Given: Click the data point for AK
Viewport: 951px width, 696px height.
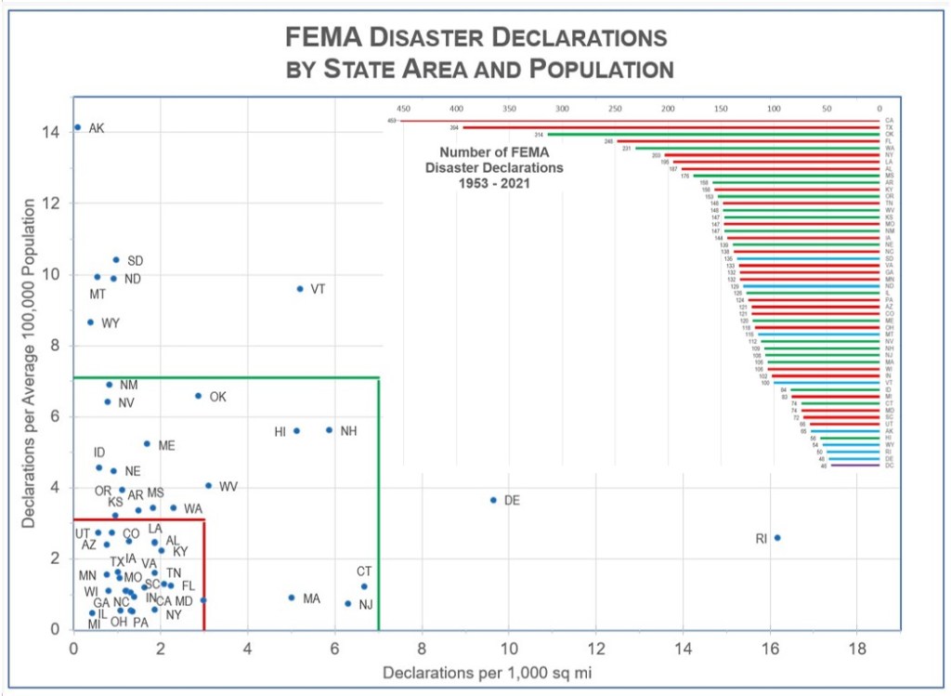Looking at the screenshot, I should coord(77,127).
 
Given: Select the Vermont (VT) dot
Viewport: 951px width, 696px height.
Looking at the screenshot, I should coord(299,289).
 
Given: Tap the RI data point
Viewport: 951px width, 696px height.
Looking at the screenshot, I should coord(777,537).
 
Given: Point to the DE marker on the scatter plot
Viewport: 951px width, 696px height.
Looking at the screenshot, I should coord(493,500).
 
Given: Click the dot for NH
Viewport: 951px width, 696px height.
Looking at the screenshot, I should coord(329,430).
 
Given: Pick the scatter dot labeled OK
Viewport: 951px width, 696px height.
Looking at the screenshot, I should coord(198,396).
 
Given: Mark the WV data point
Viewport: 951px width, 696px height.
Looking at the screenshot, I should coord(208,486).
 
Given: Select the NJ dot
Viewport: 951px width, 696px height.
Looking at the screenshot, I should coord(348,603).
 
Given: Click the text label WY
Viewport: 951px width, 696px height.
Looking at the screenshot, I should coord(111,322).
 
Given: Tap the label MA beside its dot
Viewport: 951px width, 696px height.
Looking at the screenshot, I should coord(311,598).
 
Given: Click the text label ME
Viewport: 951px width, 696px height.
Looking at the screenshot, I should coord(166,446).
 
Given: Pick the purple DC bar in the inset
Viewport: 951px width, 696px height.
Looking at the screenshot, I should coord(854,466).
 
